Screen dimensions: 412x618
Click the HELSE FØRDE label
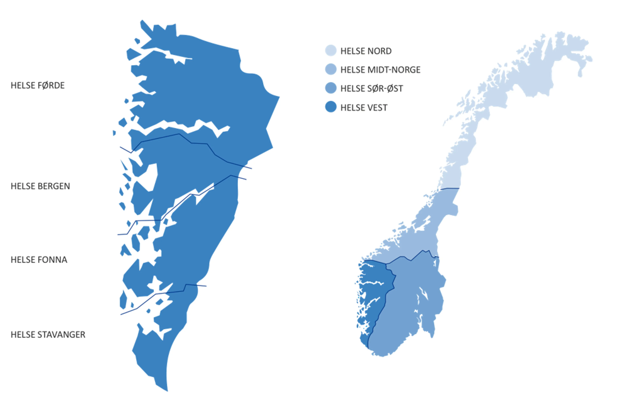(x=37, y=86)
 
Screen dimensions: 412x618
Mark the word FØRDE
(x=52, y=86)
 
